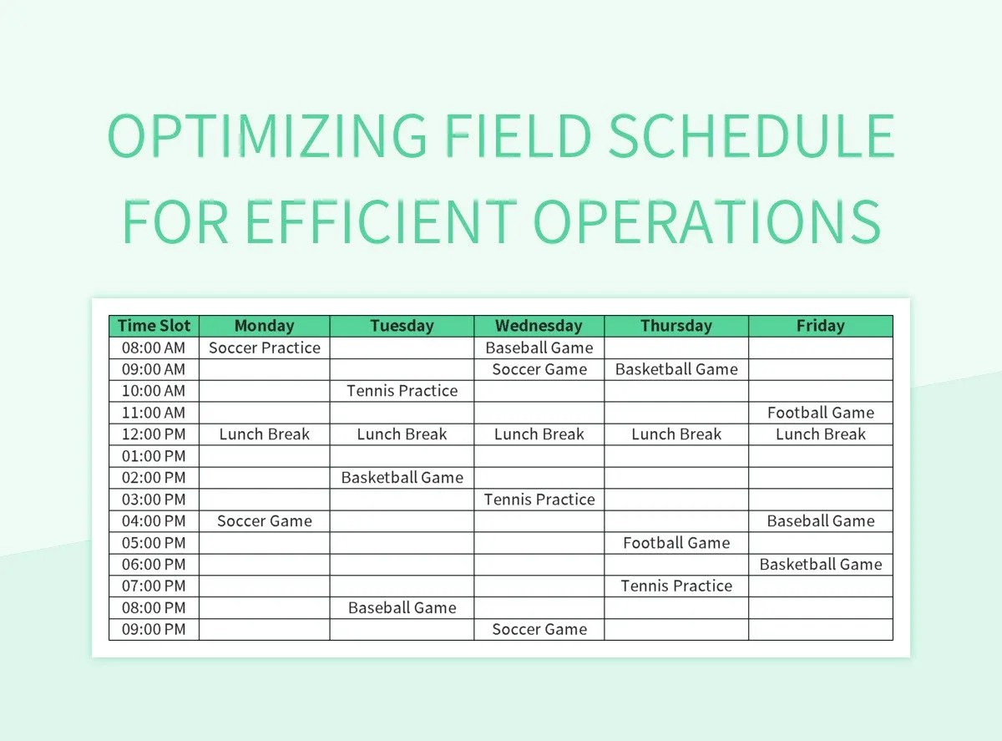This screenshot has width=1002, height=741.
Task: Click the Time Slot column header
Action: click(x=154, y=326)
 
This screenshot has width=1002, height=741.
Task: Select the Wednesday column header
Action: click(x=539, y=326)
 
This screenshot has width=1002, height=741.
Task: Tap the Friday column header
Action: click(x=820, y=326)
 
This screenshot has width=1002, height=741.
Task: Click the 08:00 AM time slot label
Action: click(x=154, y=348)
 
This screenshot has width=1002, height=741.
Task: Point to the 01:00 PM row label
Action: click(x=154, y=456)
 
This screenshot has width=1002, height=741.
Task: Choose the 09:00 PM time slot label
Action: click(x=154, y=630)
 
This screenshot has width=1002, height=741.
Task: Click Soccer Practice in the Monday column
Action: click(x=264, y=348)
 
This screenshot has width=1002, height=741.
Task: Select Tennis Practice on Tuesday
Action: click(x=402, y=391)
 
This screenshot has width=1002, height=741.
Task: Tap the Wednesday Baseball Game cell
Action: click(x=539, y=348)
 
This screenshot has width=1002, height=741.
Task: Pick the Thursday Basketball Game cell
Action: click(x=676, y=369)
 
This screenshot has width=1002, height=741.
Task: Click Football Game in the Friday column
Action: click(x=820, y=413)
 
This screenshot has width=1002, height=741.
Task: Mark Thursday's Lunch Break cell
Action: click(x=676, y=434)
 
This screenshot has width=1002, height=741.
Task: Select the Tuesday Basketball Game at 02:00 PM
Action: click(x=402, y=478)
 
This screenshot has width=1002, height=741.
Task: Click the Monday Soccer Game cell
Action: click(x=264, y=521)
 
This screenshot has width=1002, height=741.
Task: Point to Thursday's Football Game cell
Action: click(x=676, y=543)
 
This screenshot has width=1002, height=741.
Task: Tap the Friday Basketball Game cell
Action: click(x=820, y=565)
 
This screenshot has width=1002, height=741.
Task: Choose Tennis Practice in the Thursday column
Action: click(x=676, y=586)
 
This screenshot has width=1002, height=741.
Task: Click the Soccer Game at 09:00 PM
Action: click(x=539, y=630)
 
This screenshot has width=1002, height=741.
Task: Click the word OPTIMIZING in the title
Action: click(x=268, y=137)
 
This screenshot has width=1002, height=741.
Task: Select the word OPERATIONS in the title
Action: click(x=706, y=221)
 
